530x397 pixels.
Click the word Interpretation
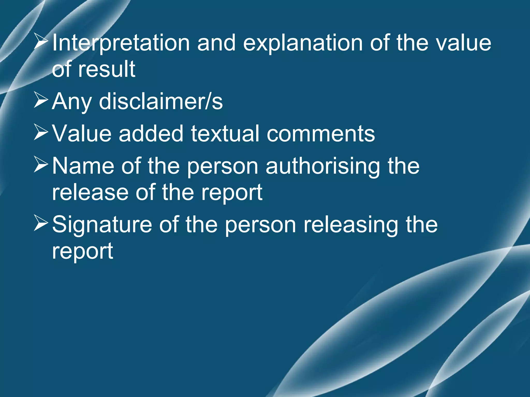[121, 43]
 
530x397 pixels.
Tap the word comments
[321, 134]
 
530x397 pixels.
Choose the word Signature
[102, 225]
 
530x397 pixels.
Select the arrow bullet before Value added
[41, 133]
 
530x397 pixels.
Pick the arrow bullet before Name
[41, 166]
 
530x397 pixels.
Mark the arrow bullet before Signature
[41, 224]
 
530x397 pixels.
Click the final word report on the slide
[83, 251]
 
